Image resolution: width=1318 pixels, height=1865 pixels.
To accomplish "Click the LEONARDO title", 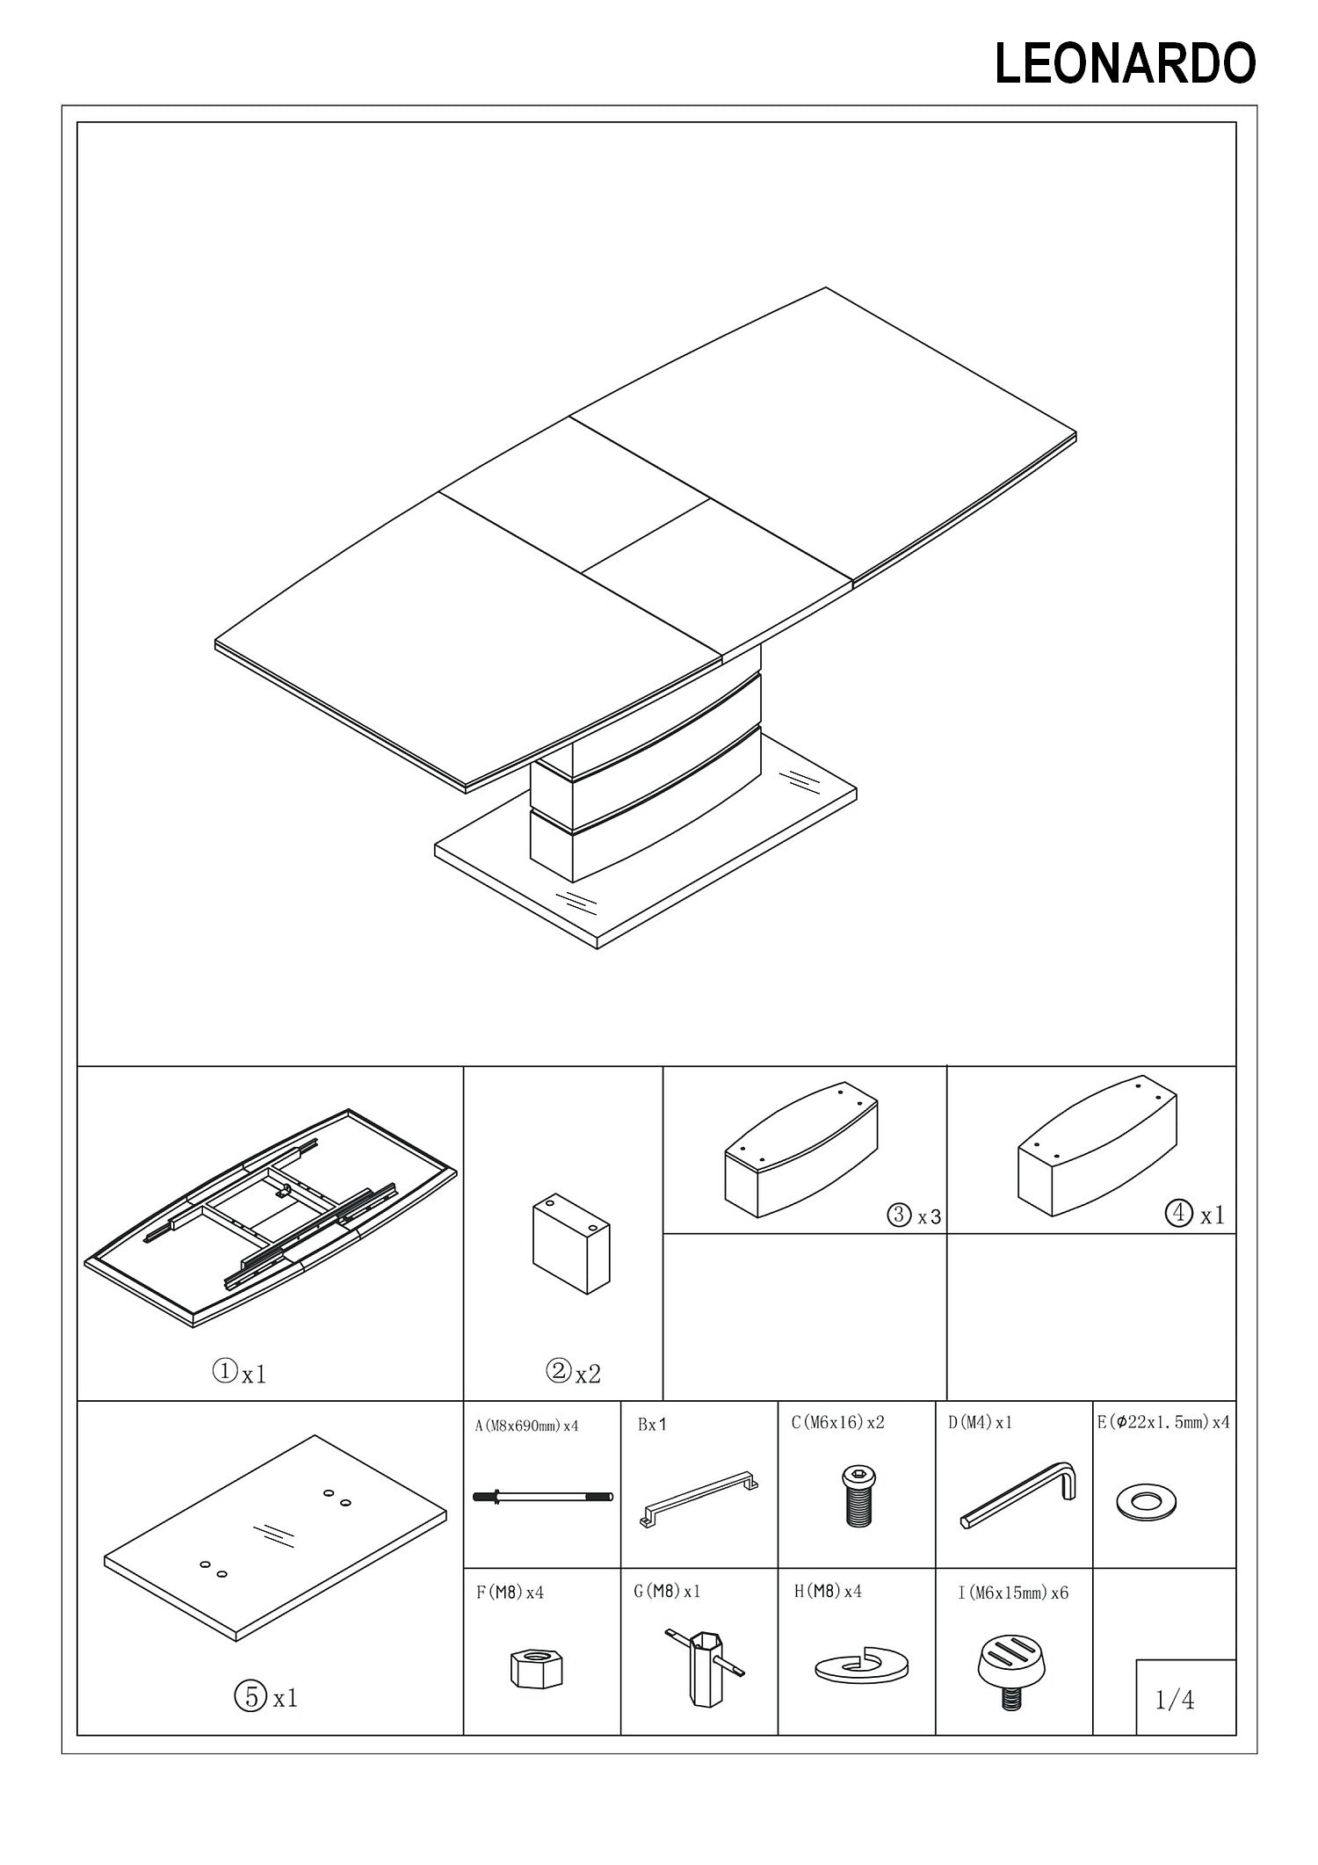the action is point(1125,64).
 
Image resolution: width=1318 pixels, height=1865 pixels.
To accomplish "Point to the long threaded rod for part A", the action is point(543,1496).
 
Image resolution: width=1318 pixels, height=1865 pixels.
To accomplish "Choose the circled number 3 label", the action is point(899,1216).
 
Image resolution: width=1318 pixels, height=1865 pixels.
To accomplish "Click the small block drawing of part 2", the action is point(571,1242).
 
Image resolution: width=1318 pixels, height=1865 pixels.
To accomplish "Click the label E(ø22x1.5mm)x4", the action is point(1163,1422).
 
